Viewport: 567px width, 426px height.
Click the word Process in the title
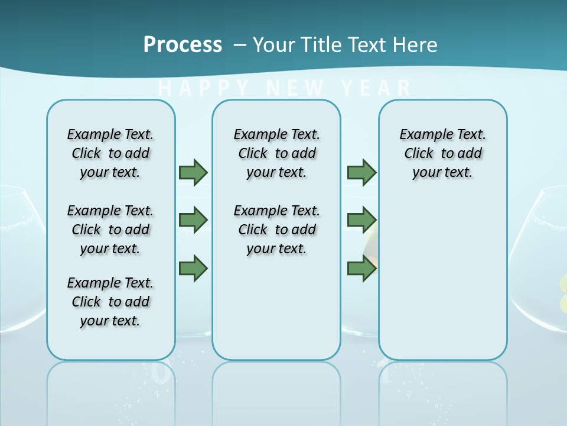click(183, 44)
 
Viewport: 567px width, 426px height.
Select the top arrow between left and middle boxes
click(193, 172)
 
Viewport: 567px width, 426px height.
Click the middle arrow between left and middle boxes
click(193, 220)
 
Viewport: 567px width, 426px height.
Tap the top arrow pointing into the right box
click(361, 172)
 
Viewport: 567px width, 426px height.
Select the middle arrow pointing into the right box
click(361, 220)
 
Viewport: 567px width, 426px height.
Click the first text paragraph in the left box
click(110, 153)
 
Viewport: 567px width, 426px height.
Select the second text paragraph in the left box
click(110, 230)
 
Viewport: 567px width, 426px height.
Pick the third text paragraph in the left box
click(110, 302)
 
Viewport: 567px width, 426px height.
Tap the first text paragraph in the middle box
click(276, 153)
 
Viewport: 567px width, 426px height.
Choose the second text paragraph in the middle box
click(276, 230)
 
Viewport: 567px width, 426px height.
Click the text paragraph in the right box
click(442, 153)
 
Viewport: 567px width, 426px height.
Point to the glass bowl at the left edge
click(21, 260)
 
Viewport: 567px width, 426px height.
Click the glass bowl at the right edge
click(540, 260)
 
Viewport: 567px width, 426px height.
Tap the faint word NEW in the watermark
click(295, 89)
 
